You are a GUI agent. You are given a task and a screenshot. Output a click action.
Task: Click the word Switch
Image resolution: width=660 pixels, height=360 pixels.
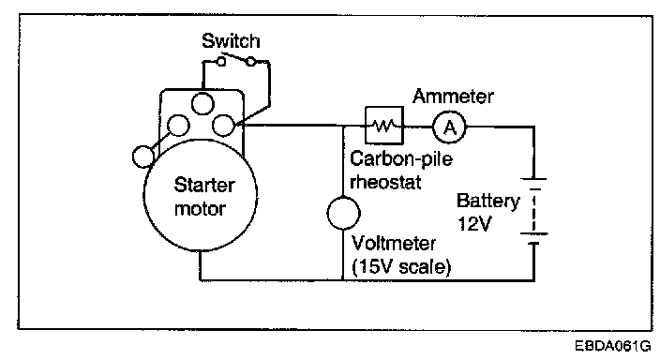click(231, 41)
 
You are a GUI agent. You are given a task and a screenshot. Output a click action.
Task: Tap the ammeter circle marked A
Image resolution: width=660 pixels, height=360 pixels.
click(450, 127)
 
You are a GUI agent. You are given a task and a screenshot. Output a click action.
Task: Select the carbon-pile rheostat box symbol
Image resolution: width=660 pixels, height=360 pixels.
click(383, 126)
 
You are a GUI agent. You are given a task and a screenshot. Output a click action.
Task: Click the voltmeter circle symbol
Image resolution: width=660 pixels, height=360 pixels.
click(343, 213)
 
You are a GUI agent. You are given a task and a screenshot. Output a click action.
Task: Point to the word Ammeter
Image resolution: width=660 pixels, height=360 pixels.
click(453, 97)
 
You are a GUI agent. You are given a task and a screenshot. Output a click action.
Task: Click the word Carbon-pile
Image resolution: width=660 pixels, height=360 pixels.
click(401, 159)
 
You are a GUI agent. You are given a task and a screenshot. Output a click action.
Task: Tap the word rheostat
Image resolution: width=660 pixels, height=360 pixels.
click(385, 182)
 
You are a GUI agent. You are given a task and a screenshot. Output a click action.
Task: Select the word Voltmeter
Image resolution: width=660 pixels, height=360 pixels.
click(394, 244)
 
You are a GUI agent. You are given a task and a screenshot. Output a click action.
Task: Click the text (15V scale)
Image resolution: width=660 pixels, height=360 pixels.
click(401, 266)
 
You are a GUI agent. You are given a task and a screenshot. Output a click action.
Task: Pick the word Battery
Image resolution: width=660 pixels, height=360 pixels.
click(488, 202)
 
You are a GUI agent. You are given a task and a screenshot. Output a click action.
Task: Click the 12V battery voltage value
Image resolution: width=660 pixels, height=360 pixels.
click(474, 223)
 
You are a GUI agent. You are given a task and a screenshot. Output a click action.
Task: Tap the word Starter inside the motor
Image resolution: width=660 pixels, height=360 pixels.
click(204, 185)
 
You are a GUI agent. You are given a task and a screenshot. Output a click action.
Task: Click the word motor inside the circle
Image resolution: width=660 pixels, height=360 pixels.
click(200, 208)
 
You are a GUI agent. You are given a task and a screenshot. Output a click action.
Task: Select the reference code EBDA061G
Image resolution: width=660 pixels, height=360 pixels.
click(613, 346)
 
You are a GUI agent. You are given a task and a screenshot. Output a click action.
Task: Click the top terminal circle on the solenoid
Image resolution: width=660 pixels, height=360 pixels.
click(202, 103)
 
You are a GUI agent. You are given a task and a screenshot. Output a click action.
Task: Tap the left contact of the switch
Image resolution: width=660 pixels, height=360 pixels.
click(221, 62)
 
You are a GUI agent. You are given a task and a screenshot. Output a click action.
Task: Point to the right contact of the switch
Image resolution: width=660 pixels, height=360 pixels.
click(251, 62)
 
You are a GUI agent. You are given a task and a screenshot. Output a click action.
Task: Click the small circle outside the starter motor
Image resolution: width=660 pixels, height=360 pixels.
click(143, 157)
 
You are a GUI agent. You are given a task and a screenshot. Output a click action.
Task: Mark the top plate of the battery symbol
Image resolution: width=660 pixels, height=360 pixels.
click(533, 179)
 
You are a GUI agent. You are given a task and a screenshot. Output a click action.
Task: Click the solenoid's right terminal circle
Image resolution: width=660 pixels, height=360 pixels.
click(223, 125)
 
